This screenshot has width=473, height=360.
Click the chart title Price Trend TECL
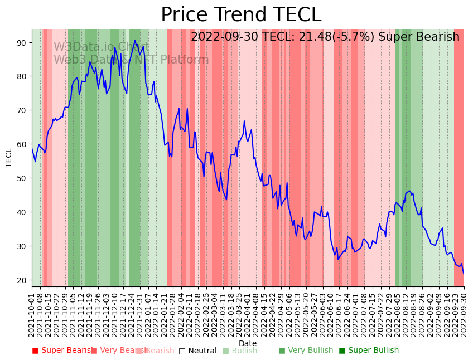[x=241, y=15]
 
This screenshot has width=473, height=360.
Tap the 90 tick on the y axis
[x=24, y=42]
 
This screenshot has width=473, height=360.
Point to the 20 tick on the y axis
[x=24, y=280]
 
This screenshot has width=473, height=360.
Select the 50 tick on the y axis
[x=24, y=178]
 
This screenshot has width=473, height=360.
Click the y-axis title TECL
[x=9, y=157]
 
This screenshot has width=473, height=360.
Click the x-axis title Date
[x=248, y=343]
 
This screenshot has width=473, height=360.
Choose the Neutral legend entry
[x=197, y=351]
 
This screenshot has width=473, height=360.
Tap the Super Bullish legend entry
[x=369, y=351]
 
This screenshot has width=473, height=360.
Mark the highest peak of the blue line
[x=134, y=40]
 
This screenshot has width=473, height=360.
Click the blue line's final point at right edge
[x=464, y=274]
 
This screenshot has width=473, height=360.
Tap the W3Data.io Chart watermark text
[x=102, y=47]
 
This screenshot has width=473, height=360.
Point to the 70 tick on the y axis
[x=24, y=110]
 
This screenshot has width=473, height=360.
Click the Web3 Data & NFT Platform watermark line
[x=131, y=60]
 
